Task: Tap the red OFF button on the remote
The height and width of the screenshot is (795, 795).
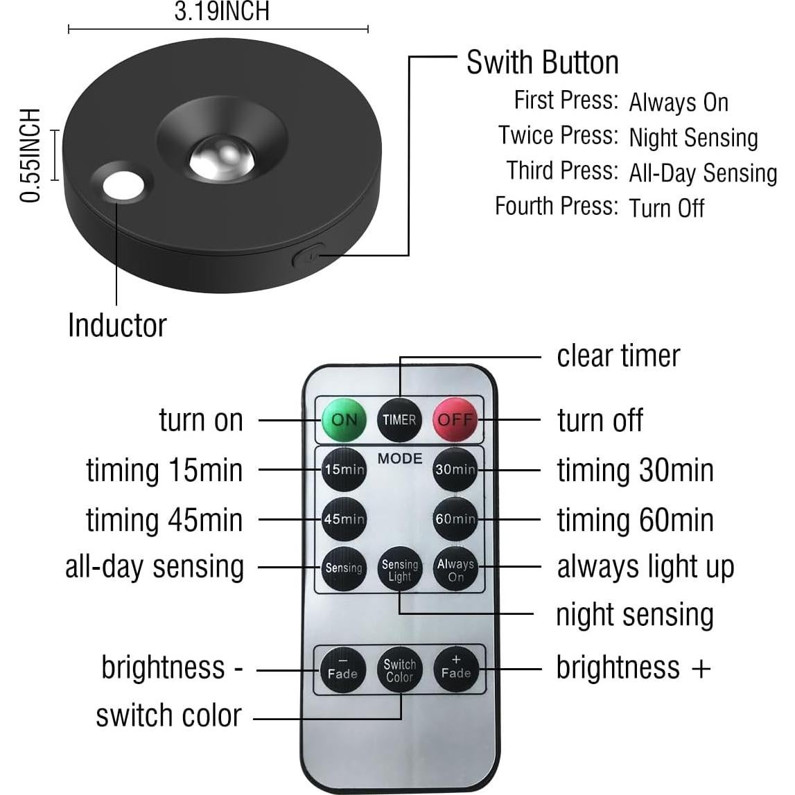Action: [455, 419]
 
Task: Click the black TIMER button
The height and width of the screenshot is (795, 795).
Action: [399, 419]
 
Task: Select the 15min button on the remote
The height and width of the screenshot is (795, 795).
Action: [344, 469]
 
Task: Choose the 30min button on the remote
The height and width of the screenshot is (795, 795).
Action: [455, 469]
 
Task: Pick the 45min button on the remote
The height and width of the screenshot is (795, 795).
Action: [344, 518]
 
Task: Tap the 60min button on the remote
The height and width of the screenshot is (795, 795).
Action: [455, 518]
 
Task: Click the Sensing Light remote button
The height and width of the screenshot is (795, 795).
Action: [399, 569]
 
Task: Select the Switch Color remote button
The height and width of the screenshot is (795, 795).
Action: [399, 670]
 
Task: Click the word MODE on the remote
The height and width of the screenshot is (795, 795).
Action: [400, 459]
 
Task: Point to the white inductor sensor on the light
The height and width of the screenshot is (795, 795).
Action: [124, 186]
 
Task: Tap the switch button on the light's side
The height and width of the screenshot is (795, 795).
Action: [308, 258]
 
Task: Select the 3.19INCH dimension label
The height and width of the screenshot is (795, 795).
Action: [221, 12]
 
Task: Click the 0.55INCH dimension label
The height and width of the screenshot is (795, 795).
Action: [30, 155]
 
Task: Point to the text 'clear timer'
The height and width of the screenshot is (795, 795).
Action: [618, 356]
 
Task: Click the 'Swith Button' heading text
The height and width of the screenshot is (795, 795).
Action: [542, 62]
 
